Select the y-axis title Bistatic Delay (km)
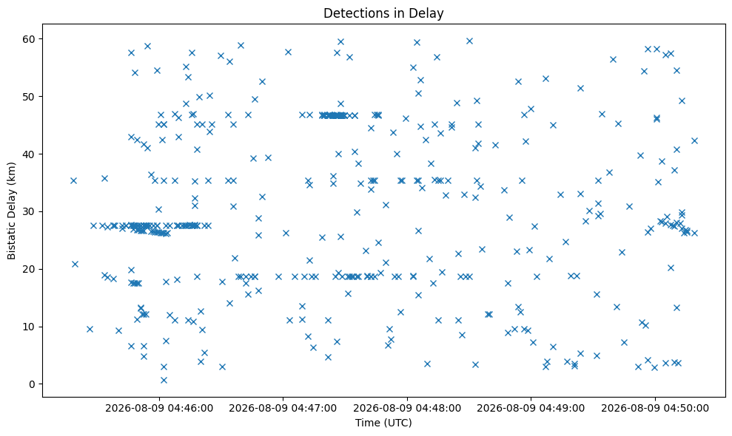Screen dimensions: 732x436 pos(11,211)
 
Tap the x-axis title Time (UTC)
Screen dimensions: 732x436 pos(383,423)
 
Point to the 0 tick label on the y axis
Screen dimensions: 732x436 pos(33,384)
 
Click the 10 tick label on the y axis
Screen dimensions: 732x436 pos(29,327)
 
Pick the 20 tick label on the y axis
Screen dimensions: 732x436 pos(29,269)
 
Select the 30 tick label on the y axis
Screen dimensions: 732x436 pos(29,211)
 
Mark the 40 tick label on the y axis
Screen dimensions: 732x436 pos(29,154)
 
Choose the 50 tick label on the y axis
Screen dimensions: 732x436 pos(29,97)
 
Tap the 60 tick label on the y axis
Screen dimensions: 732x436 pos(29,39)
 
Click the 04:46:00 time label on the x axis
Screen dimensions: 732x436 pos(186,409)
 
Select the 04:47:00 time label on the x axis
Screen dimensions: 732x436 pos(310,409)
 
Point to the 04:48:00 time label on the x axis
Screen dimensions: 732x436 pos(434,409)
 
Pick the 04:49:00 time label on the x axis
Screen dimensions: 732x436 pos(558,409)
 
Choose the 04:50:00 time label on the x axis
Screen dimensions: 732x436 pos(682,409)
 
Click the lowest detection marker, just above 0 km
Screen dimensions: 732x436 pos(164,380)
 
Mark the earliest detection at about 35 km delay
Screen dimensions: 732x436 pos(73,180)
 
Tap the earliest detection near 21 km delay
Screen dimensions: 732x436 pos(75,264)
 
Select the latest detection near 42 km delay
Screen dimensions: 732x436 pos(694,141)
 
